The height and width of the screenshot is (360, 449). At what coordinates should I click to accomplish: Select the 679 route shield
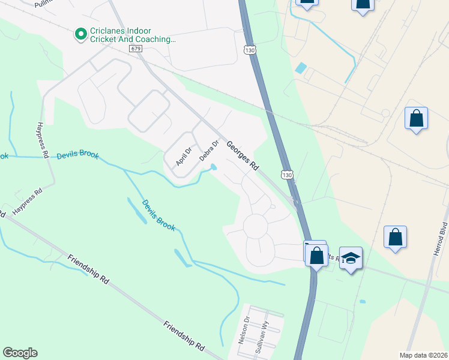coord(135,48)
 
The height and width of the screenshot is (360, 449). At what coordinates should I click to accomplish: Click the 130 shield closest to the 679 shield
coord(250,50)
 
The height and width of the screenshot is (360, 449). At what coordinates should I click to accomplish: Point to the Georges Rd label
coord(243,156)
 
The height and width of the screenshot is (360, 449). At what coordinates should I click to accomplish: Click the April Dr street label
coord(184,157)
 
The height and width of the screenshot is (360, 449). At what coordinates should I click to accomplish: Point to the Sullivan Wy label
coord(259,339)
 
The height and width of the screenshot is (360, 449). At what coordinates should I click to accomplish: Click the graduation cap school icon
coord(351,258)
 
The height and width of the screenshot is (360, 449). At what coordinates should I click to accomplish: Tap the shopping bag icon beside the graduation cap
coord(316,255)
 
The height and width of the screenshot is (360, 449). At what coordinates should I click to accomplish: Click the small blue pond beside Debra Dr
coord(212,169)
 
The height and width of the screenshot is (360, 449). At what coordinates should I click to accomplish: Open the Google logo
coord(20,353)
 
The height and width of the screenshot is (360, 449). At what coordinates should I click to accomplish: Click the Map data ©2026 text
coord(423,355)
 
